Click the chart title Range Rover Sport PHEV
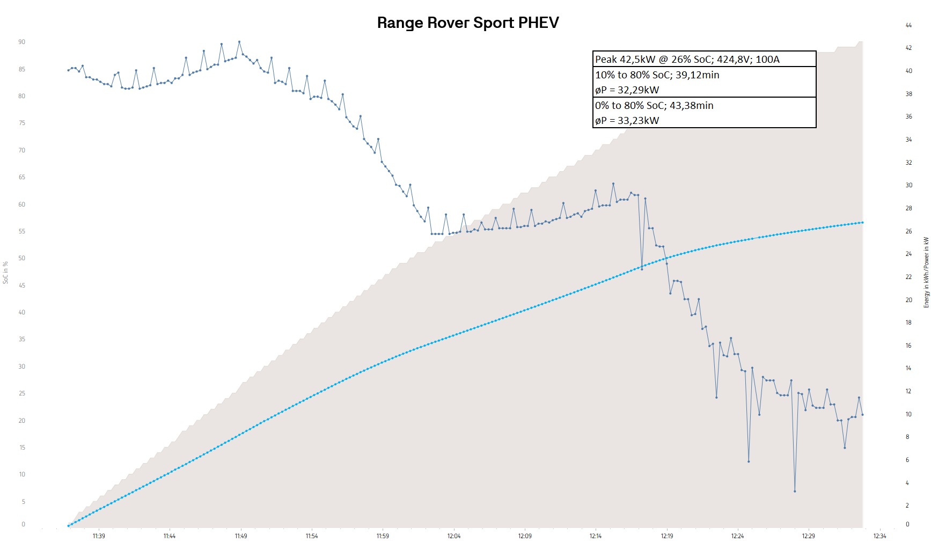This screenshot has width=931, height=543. coord(468,23)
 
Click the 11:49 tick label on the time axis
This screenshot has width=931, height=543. coord(241,536)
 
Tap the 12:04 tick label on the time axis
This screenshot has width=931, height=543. coord(454,536)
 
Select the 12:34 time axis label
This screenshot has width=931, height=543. coord(879,536)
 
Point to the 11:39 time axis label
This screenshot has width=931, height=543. coord(99,536)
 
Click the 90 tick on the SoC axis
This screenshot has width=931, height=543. coord(22,42)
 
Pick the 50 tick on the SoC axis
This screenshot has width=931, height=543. coord(22,258)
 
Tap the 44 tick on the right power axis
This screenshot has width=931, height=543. coord(908,25)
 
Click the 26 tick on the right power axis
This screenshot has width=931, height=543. coord(908,231)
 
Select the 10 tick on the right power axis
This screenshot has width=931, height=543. coord(908,414)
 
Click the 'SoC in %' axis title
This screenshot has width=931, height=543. coord(6,273)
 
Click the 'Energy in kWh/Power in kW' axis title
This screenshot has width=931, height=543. coord(926,273)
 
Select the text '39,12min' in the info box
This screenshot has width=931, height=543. coord(697,75)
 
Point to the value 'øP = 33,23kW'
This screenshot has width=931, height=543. coord(627,121)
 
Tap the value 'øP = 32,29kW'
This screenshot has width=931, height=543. coord(627,90)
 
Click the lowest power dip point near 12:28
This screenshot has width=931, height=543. coord(795,491)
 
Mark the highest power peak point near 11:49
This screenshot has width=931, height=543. coord(239,42)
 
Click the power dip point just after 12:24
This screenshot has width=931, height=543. coord(749,461)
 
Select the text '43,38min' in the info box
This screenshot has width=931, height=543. coord(691,106)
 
